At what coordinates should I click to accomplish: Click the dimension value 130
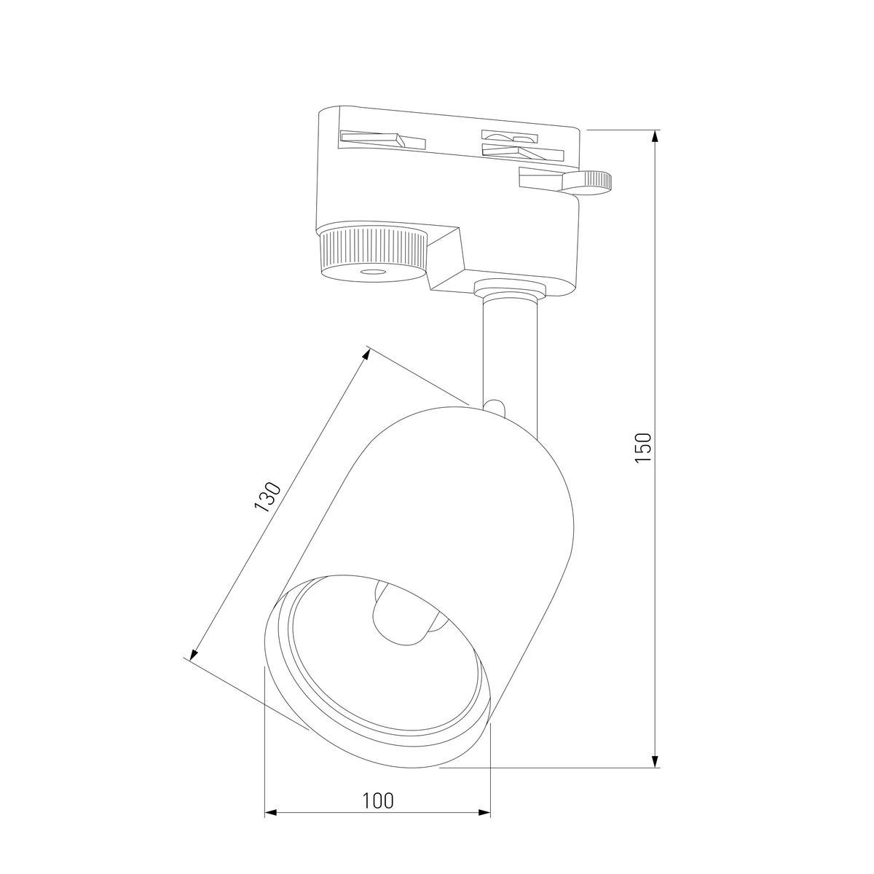point(267,497)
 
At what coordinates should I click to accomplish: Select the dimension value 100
point(377,800)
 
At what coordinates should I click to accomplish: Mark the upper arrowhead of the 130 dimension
point(366,354)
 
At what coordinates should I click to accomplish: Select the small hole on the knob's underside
point(374,272)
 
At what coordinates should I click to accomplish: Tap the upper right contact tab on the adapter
point(509,137)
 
